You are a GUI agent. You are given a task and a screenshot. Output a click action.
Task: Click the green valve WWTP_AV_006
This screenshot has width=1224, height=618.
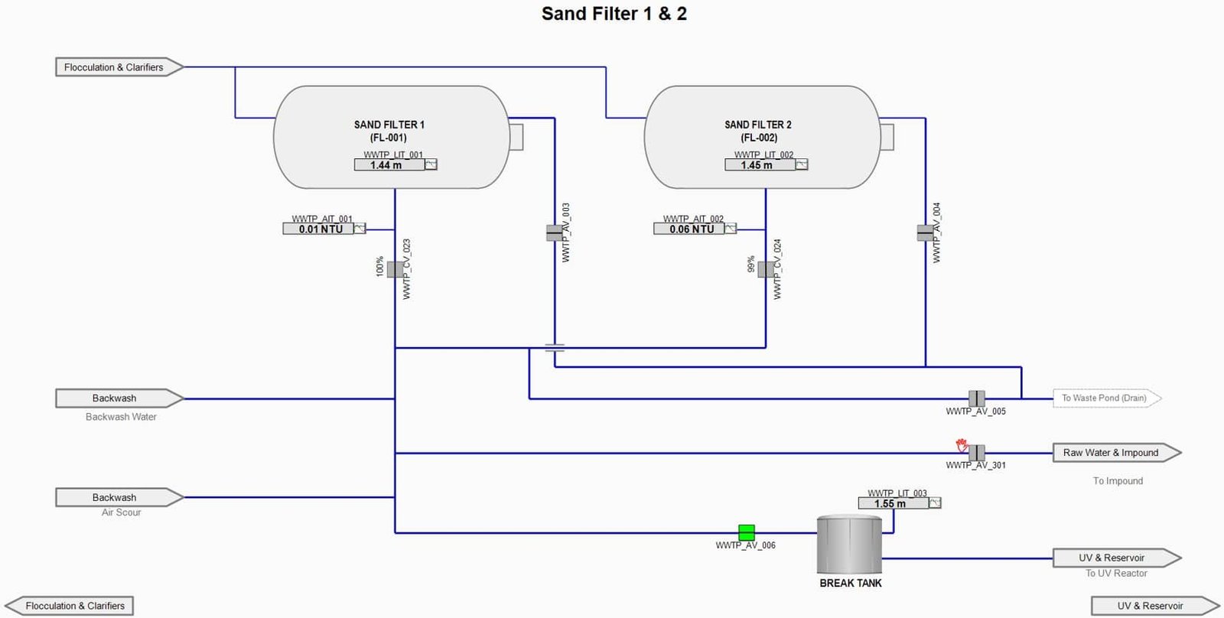coord(746,532)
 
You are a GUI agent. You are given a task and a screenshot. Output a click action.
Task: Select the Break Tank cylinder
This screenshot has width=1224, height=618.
coord(849,545)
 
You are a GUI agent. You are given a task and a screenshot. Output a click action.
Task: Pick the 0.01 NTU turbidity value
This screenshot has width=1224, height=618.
coord(319,229)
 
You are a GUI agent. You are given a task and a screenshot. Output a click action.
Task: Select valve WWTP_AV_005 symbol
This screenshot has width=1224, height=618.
coord(976,398)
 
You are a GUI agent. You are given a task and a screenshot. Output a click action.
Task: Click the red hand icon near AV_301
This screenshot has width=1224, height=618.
coord(962,445)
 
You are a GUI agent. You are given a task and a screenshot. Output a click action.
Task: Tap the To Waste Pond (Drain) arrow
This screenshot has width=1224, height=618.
coord(1105,398)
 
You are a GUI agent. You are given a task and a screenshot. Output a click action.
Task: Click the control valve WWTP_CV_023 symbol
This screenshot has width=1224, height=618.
coord(395,269)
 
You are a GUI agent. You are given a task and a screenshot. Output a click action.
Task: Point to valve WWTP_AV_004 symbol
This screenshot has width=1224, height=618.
coord(926,232)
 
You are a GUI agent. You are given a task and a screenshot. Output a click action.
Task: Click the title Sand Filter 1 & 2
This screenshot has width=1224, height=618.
coord(614,14)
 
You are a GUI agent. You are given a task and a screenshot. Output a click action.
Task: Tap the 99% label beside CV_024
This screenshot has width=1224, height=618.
coord(751,265)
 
